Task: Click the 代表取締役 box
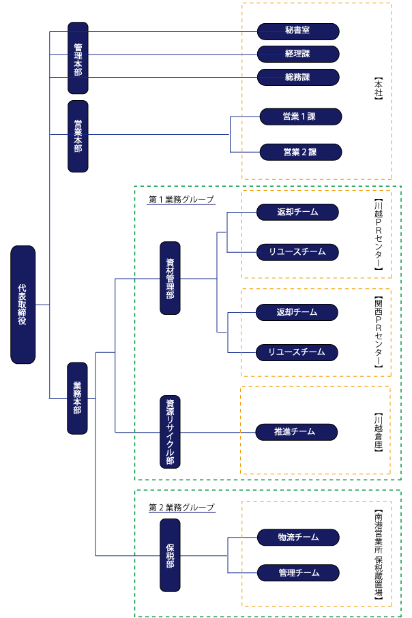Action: [x=23, y=304]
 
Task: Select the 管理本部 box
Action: [x=78, y=58]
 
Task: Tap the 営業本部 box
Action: [x=78, y=136]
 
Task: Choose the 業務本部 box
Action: [x=77, y=398]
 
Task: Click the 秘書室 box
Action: [x=298, y=31]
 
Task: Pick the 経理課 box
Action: [x=298, y=54]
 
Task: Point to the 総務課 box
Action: [x=298, y=77]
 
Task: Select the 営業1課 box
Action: [x=300, y=117]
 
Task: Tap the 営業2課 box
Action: [x=300, y=151]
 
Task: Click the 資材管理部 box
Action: [x=170, y=277]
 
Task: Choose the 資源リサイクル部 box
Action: [x=170, y=431]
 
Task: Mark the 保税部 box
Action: [x=170, y=555]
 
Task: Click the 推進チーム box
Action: [x=296, y=431]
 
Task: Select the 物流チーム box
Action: [x=298, y=538]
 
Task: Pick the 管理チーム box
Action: [x=298, y=572]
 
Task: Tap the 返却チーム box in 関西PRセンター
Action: [x=297, y=312]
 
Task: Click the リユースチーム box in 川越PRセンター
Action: [x=297, y=252]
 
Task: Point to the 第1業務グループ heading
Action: [x=181, y=200]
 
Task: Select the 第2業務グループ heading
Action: [x=181, y=508]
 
